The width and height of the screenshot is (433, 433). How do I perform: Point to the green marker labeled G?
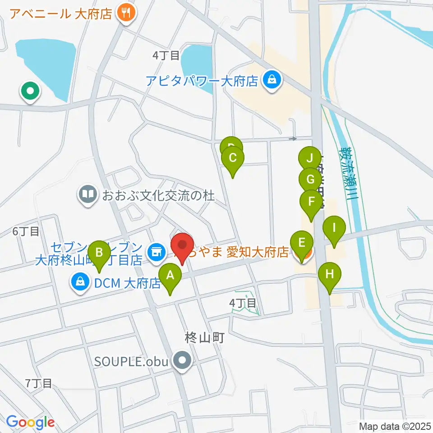click(310, 180)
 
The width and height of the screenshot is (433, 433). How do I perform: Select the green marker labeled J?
click(309, 159)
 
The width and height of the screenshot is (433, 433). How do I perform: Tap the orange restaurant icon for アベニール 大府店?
click(125, 14)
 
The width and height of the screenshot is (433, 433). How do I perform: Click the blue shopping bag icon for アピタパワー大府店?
click(272, 81)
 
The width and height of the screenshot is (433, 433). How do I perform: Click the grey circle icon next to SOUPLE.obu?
click(183, 361)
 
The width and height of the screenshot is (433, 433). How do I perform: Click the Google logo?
click(30, 422)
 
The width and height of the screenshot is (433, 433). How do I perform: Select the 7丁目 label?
click(39, 383)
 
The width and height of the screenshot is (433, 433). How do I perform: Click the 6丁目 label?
click(26, 232)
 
